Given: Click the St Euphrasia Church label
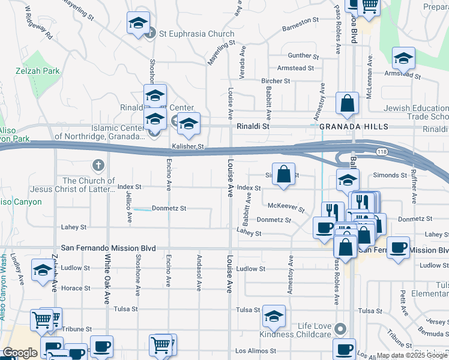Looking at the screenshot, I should pos(196,34).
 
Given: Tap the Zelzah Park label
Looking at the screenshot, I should pos(37,71).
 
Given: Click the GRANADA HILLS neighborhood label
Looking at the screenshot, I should pos(354,127).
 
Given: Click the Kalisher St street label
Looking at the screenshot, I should pos(188,146).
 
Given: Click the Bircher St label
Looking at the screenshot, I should pos(276,81).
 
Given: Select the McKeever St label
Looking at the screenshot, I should pos(286,207).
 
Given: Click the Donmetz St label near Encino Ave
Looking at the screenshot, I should pos(169,208).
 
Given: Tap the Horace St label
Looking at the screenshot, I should pos(76,288).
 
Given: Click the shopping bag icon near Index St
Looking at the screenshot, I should pos(284,174).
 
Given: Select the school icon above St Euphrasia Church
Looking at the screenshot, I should pos(138,24).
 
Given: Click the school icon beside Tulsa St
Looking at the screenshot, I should pos(274,316).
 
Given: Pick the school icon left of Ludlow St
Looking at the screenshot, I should pos(43,271).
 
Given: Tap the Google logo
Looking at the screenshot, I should pos(20,353).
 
